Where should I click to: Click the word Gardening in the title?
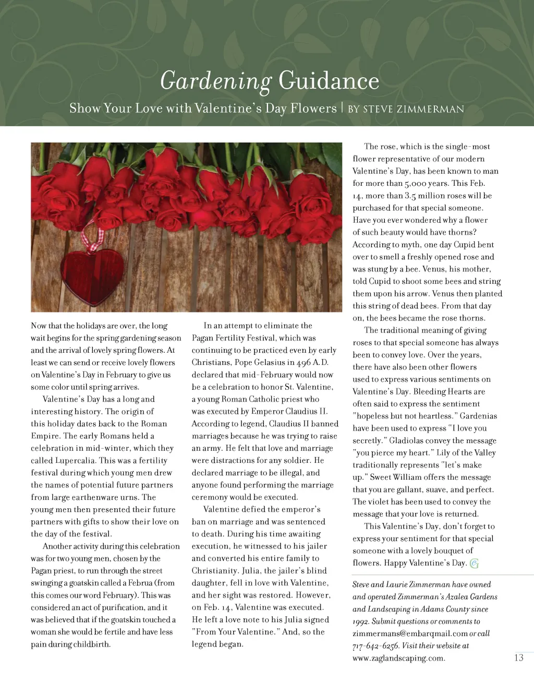tap(215, 81)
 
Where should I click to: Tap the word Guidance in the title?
tap(329, 81)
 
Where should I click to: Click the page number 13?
tap(518, 658)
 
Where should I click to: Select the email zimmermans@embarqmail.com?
tap(410, 634)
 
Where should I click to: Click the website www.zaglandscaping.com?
tap(398, 658)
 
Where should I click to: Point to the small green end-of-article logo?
tap(474, 563)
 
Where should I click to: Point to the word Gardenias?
tap(478, 416)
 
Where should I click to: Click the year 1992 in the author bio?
tap(361, 622)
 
